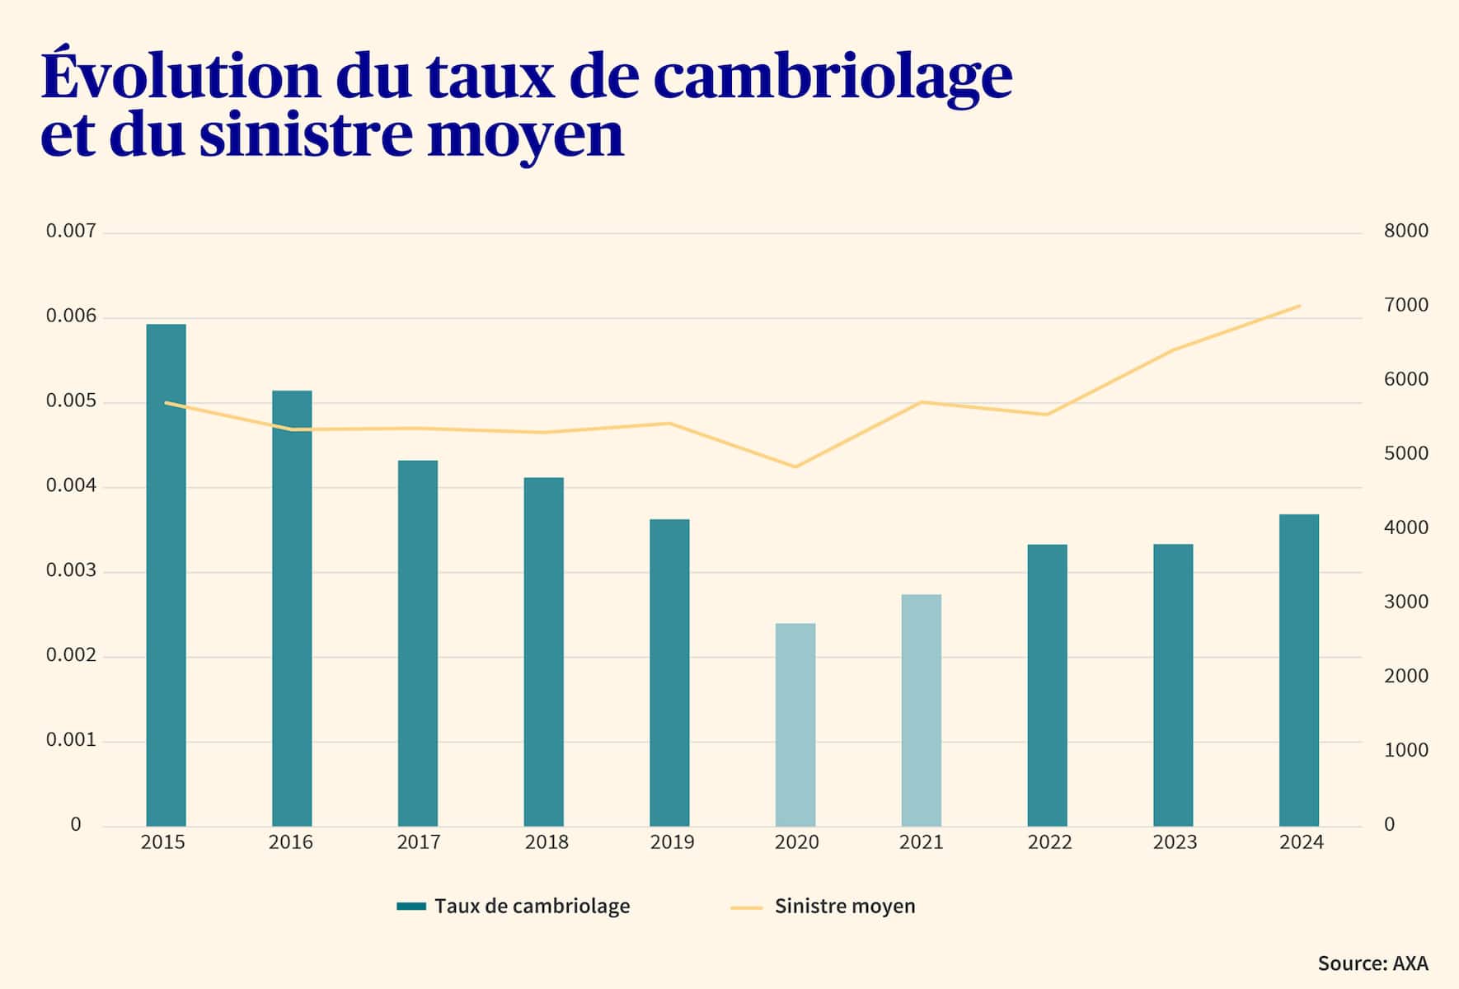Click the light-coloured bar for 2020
795,724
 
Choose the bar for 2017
418,643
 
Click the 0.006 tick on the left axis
71,316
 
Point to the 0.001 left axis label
71,740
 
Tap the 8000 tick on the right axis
1405,231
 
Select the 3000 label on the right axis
1405,602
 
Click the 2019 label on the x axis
672,842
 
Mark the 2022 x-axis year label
1049,842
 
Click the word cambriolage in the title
833,76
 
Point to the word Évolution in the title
181,76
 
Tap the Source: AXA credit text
1372,963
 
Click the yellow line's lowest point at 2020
795,467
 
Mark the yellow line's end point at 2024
1299,306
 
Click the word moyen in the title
525,136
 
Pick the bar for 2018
544,651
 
